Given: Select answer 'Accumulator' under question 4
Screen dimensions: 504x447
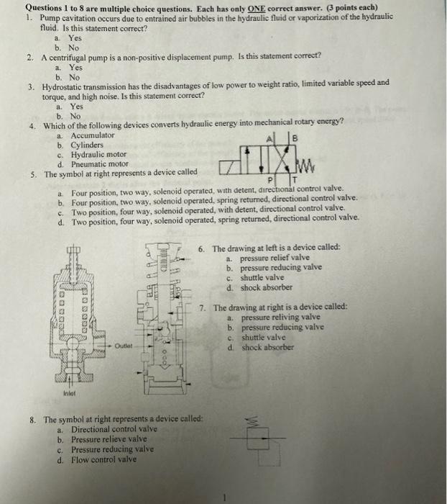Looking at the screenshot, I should pyautogui.click(x=92, y=135).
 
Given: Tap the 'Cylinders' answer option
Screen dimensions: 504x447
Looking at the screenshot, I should pyautogui.click(x=87, y=145).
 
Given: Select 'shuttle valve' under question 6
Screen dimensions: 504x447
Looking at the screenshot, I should pyautogui.click(x=263, y=278).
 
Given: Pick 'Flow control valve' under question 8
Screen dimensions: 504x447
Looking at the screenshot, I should pyautogui.click(x=103, y=459).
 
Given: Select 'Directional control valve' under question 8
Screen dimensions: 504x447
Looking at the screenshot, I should pyautogui.click(x=115, y=429).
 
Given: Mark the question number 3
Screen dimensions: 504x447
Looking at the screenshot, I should pyautogui.click(x=32, y=83).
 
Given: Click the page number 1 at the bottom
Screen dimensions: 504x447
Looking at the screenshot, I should pyautogui.click(x=225, y=495).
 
